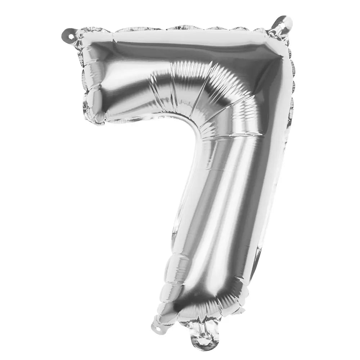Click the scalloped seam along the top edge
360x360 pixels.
(187, 28)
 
